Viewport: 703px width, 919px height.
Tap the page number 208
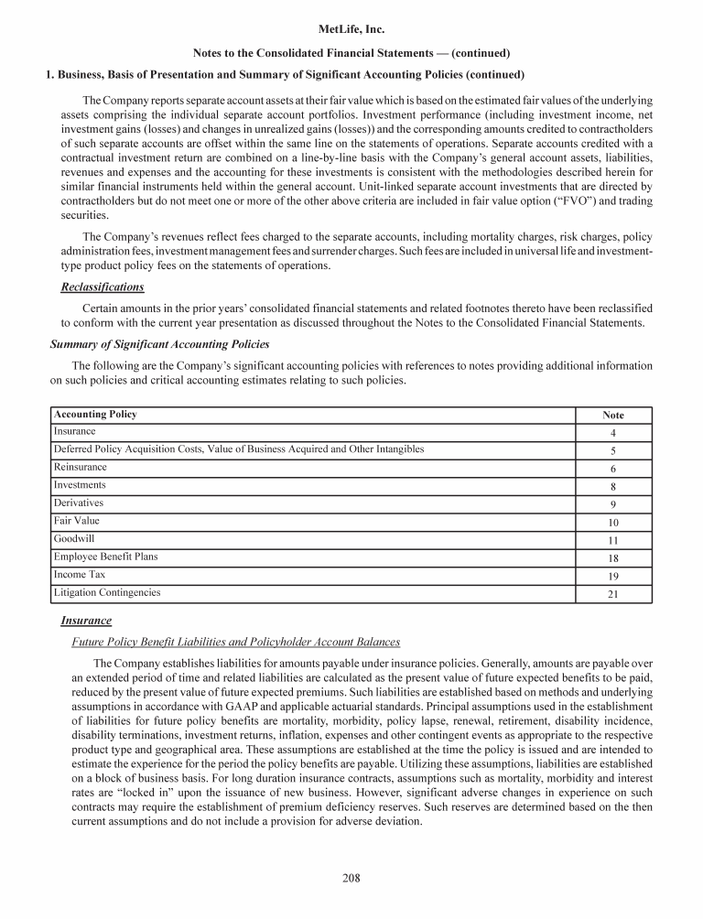(x=351, y=879)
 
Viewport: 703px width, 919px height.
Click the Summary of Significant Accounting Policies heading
(x=159, y=344)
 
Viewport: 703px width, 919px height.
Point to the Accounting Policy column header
(x=95, y=415)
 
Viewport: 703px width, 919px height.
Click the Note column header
(x=613, y=416)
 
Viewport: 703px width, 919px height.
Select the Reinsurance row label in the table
(x=81, y=467)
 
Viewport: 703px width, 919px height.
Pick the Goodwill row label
(x=74, y=538)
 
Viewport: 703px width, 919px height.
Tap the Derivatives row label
(x=79, y=503)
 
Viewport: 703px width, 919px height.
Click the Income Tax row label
(x=81, y=575)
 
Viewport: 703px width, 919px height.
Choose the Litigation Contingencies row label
(x=107, y=592)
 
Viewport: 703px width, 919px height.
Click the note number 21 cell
(x=613, y=594)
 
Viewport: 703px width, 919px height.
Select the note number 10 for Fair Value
(x=613, y=523)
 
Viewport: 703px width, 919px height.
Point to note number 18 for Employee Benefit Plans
(x=613, y=558)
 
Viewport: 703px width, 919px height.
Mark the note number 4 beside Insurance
(x=613, y=433)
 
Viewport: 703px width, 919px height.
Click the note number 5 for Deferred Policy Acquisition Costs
(x=613, y=450)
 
